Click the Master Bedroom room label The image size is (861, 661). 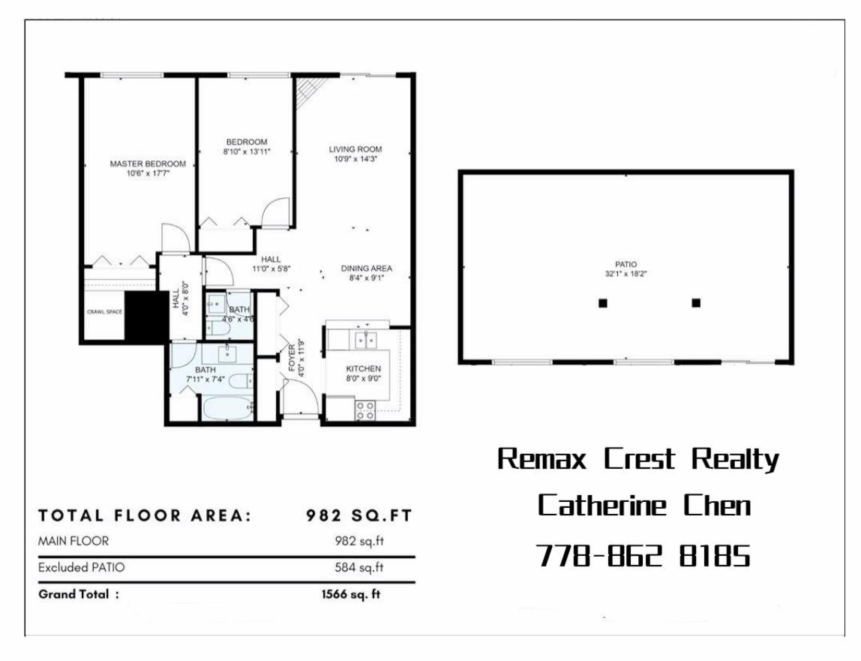[148, 164]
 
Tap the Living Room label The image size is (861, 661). [355, 149]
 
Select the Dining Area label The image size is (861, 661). [367, 268]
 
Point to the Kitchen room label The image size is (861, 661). [364, 368]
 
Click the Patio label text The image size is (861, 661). [626, 264]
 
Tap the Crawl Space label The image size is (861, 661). [104, 311]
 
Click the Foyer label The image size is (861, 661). [292, 358]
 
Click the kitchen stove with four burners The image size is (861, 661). [365, 410]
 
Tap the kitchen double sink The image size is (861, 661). [365, 340]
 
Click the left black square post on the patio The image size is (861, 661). [603, 303]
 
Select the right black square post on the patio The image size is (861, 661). [696, 303]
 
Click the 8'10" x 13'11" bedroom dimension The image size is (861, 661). [247, 152]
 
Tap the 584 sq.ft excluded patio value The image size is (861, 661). [359, 567]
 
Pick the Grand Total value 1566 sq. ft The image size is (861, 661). [351, 594]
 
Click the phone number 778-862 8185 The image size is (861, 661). [643, 555]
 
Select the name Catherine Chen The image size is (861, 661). [644, 506]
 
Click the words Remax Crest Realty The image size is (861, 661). [638, 459]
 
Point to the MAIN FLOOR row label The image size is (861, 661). [73, 541]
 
